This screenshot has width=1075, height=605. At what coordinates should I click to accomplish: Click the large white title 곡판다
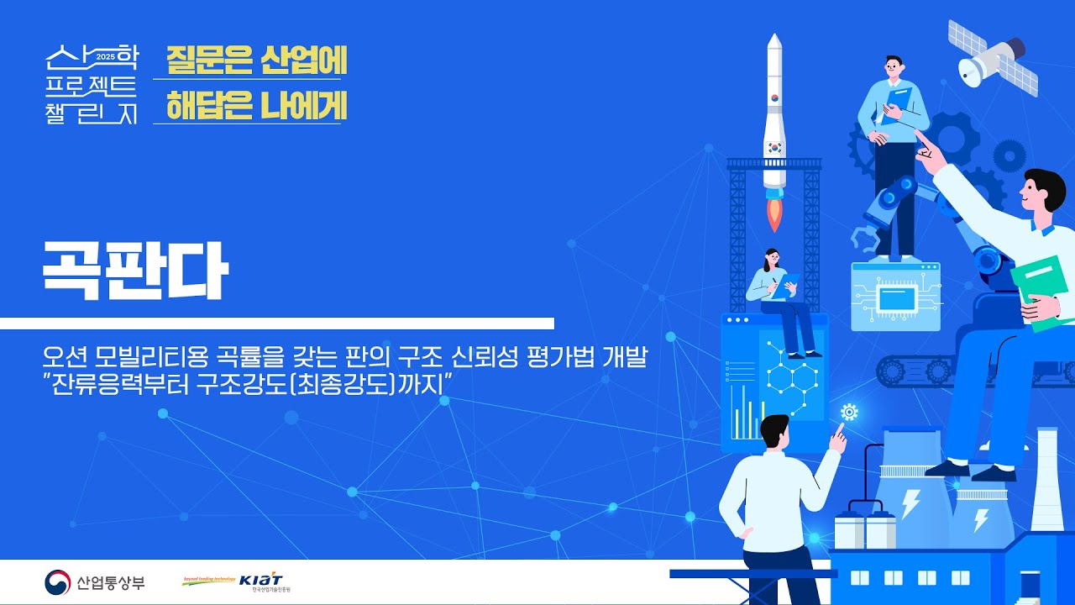[x=135, y=271]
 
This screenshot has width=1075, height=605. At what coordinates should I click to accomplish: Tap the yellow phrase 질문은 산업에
[x=256, y=60]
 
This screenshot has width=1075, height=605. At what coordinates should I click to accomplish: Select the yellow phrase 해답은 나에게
[x=256, y=106]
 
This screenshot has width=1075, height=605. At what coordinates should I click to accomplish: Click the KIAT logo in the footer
[x=261, y=581]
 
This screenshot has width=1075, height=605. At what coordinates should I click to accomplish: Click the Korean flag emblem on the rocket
[x=774, y=145]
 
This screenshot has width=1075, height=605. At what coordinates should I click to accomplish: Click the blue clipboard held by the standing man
[x=897, y=104]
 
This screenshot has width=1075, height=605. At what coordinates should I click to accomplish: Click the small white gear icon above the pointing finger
[x=849, y=412]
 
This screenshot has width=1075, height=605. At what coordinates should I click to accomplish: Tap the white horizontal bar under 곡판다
[x=277, y=324]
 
